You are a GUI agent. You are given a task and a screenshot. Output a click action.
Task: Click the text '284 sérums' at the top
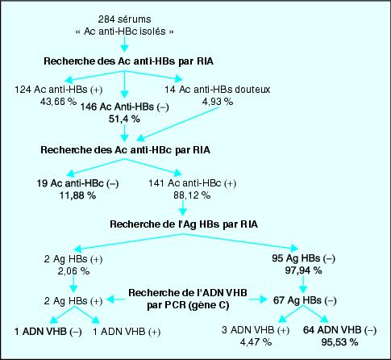[124, 19]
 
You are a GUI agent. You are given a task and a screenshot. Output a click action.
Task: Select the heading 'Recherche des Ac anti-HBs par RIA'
[128, 61]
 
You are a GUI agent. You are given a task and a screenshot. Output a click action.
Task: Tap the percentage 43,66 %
[58, 102]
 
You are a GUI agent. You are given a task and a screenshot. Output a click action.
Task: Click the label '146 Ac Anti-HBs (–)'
[125, 107]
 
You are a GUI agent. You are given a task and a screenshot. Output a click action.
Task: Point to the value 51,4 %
[124, 119]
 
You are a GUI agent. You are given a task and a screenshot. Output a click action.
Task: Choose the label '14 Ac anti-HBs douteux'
[218, 90]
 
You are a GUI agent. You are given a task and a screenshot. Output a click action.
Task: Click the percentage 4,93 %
[218, 102]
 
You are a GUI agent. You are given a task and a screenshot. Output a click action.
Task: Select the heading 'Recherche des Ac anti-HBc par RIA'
[125, 150]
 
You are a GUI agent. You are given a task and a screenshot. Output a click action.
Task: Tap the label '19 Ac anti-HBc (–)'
[77, 183]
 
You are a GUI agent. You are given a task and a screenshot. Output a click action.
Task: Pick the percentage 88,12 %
[192, 195]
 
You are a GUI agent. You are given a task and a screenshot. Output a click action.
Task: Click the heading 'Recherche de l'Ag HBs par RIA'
[184, 224]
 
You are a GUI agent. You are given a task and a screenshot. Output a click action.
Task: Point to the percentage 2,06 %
[73, 271]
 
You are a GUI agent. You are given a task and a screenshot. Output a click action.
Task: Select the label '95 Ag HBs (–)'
[303, 258]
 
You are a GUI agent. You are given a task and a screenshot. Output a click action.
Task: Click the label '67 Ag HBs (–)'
[305, 300]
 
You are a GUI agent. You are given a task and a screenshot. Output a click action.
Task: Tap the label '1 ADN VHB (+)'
[127, 332]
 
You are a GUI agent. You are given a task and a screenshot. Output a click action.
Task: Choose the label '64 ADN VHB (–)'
[339, 330]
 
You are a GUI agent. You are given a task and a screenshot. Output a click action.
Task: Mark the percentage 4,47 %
[256, 342]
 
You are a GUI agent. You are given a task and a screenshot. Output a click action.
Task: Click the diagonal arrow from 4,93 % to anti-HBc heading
[179, 123]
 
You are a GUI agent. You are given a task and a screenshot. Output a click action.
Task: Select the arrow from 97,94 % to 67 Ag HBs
[303, 284]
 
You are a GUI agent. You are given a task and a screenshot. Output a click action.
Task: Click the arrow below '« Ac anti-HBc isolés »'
[124, 44]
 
